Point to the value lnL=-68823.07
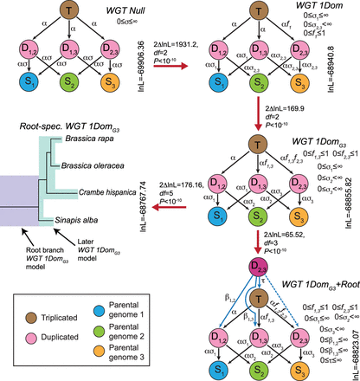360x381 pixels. tap(350, 329)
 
